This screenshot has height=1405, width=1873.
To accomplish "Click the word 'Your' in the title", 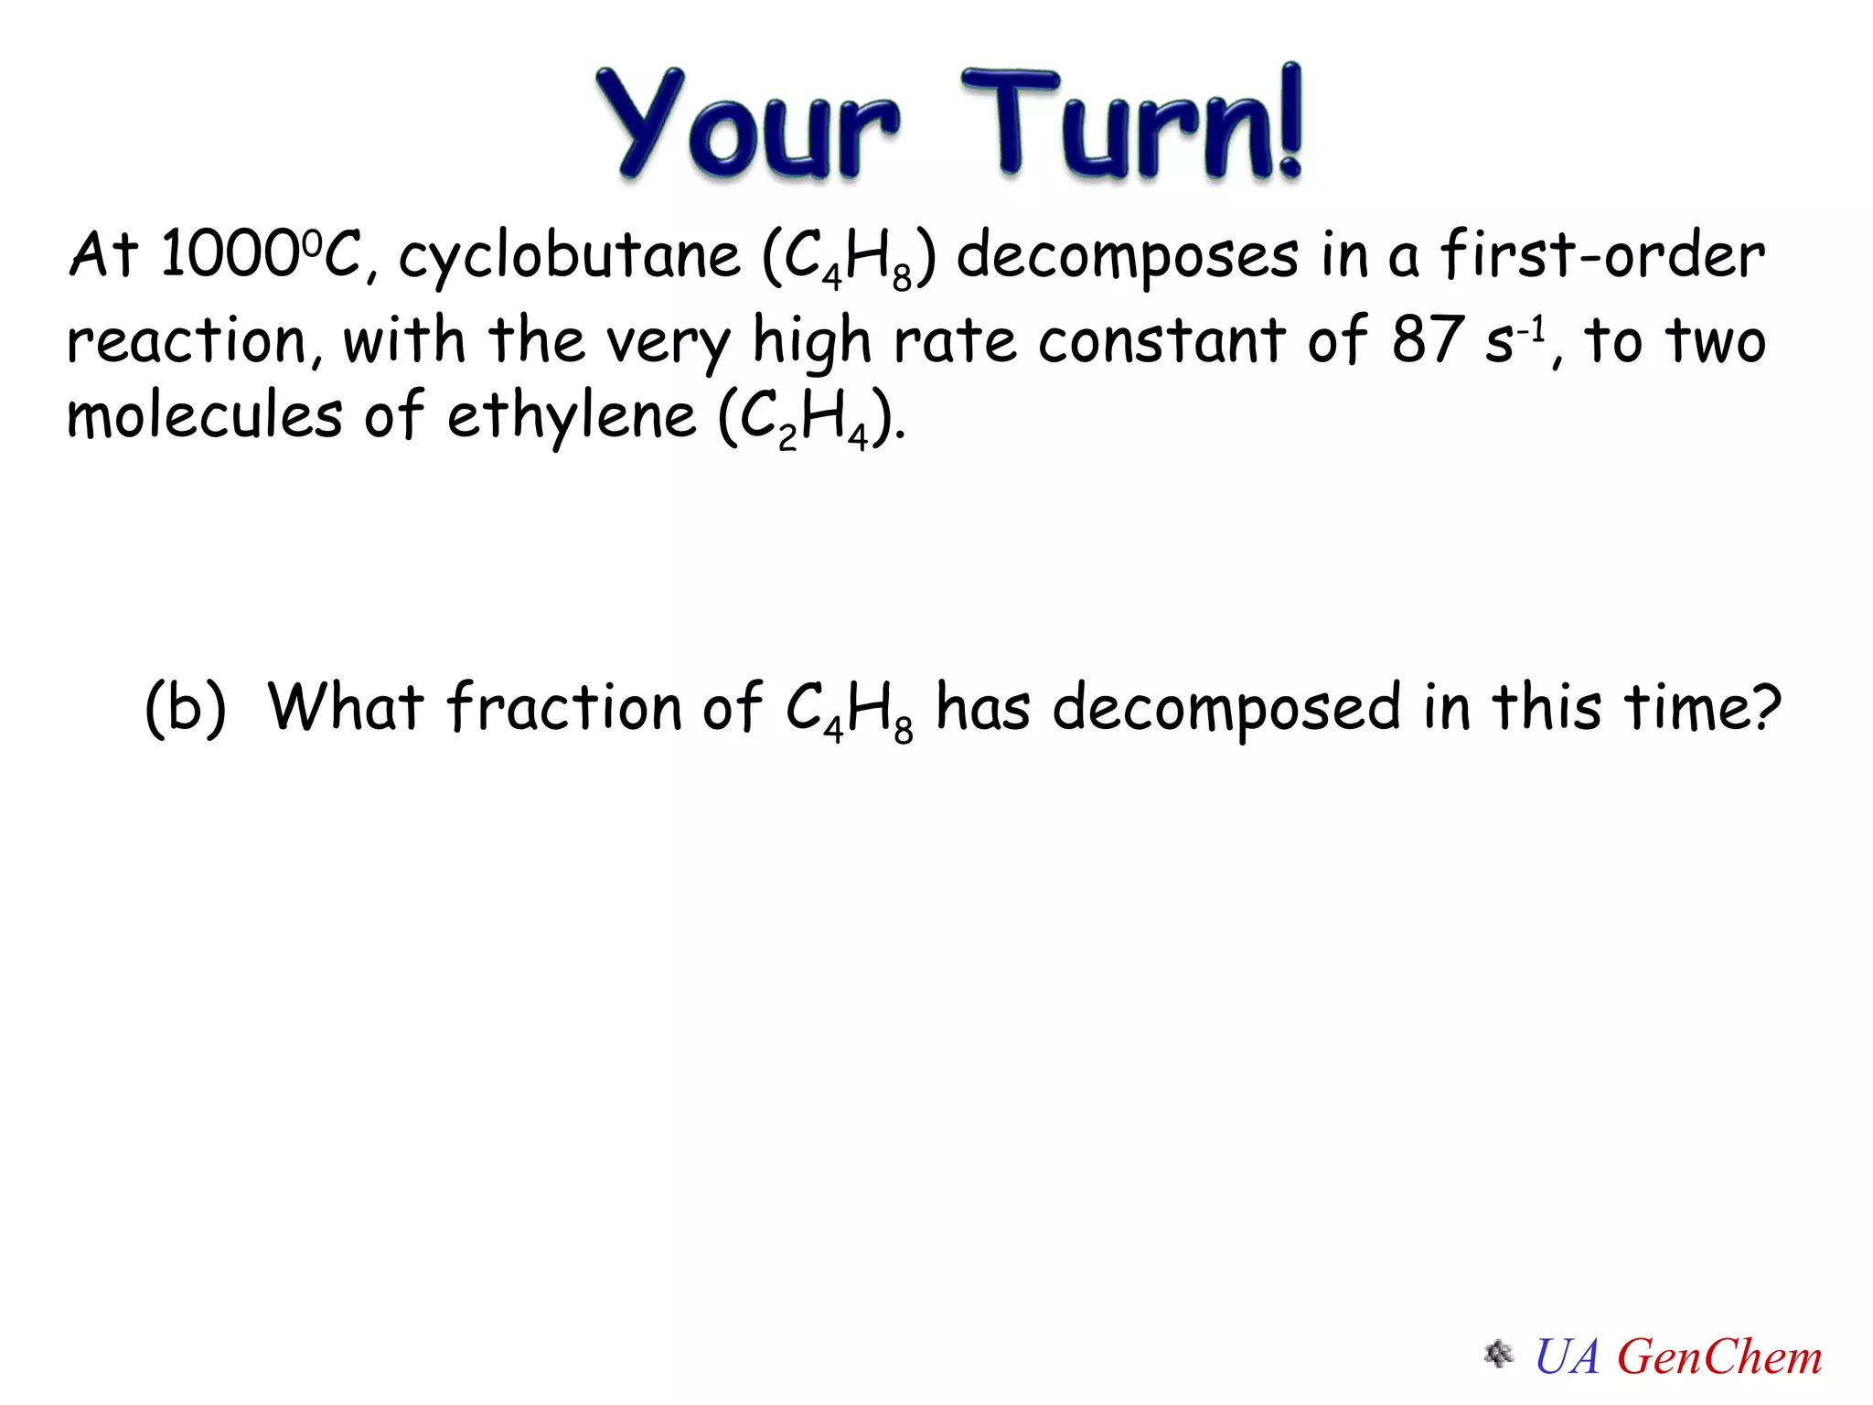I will (745, 123).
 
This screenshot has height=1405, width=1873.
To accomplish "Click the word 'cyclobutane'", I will (569, 256).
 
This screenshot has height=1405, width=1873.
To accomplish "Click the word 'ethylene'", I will (571, 416).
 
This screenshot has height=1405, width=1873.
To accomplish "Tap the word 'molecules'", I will (204, 416).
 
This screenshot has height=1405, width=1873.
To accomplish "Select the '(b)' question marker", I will (186, 707).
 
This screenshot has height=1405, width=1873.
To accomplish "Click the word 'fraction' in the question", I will (563, 707).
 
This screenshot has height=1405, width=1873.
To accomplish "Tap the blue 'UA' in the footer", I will (1567, 1357).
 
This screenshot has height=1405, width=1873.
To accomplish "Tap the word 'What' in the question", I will (346, 707).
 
